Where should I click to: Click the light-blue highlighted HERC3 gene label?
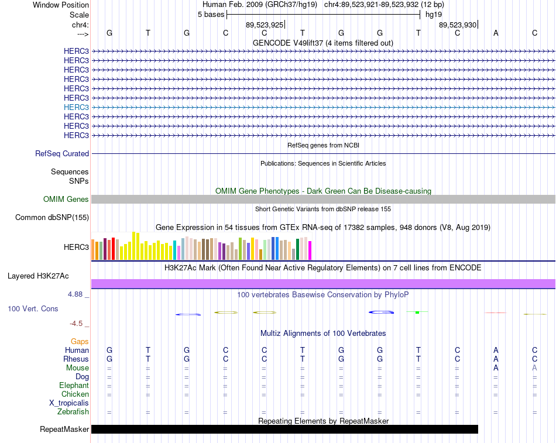click(76, 107)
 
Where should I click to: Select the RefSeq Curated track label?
click(62, 153)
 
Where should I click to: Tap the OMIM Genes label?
click(66, 200)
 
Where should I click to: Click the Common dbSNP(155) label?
click(52, 218)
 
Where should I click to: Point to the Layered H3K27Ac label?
click(38, 276)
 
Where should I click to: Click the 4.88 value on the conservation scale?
click(75, 294)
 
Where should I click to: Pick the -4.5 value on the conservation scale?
click(76, 324)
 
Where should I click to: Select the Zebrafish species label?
click(73, 412)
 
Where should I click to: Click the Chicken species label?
click(75, 394)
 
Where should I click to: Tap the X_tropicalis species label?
click(69, 403)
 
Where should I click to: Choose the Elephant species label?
click(74, 385)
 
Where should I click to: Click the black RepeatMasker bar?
click(285, 429)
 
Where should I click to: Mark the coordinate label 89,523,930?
click(458, 25)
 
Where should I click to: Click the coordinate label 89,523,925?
click(265, 25)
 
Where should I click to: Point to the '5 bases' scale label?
click(211, 15)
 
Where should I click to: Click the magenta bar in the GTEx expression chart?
click(310, 250)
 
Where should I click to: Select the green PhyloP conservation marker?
click(417, 312)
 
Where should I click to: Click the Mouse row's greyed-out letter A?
click(534, 368)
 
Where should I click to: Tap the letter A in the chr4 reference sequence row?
click(496, 33)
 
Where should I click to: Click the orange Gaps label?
click(80, 341)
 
